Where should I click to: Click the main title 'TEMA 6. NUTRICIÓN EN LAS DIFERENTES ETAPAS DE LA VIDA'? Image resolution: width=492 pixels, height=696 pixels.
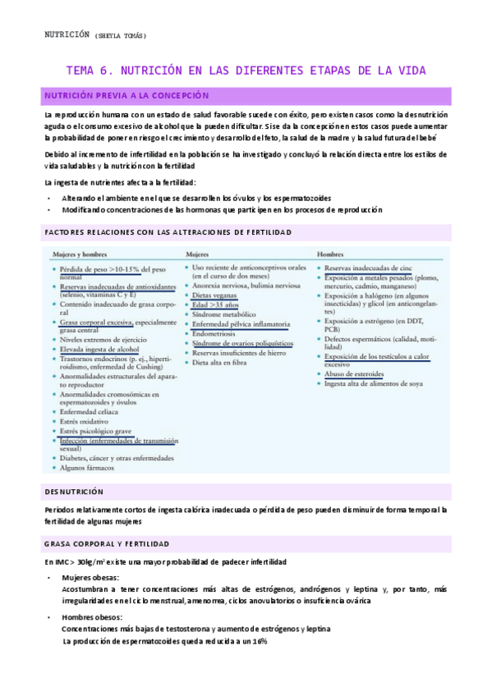click(246, 71)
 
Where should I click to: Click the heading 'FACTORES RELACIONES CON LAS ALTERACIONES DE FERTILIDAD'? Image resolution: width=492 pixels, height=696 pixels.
click(168, 233)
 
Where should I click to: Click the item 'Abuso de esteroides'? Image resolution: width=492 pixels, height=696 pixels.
click(355, 373)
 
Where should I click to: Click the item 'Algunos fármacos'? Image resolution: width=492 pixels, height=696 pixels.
click(88, 468)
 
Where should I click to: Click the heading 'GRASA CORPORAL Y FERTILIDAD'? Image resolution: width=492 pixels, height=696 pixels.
click(107, 543)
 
